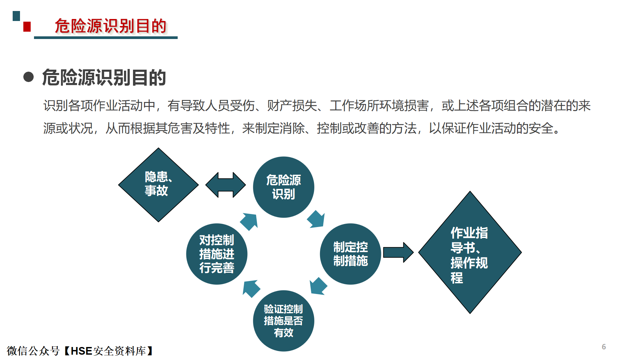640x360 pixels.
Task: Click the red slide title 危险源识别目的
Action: (110, 26)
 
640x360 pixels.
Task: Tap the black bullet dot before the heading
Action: (29, 77)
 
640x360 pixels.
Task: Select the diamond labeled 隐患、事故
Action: (158, 185)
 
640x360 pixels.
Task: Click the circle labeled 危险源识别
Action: (284, 187)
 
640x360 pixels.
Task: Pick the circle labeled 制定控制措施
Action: (350, 254)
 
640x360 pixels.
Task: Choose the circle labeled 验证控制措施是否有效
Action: (284, 321)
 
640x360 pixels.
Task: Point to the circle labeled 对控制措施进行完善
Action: (217, 254)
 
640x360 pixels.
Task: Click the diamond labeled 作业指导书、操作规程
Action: (470, 252)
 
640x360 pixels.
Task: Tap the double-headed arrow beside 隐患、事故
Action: (226, 185)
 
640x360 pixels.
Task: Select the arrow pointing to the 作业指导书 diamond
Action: (398, 252)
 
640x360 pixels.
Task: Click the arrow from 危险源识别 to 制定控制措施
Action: (316, 219)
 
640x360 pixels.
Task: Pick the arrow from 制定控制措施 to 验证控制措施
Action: (318, 286)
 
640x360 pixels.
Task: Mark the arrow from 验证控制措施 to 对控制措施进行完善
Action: (251, 289)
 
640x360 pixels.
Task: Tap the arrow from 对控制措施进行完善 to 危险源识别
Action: (249, 222)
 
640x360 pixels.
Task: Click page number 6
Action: (604, 347)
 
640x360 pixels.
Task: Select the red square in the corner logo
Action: (27, 27)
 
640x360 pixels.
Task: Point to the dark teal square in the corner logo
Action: (16, 16)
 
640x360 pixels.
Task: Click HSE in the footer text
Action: (81, 351)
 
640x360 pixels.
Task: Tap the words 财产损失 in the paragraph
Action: (292, 106)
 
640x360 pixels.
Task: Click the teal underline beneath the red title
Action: (106, 38)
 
